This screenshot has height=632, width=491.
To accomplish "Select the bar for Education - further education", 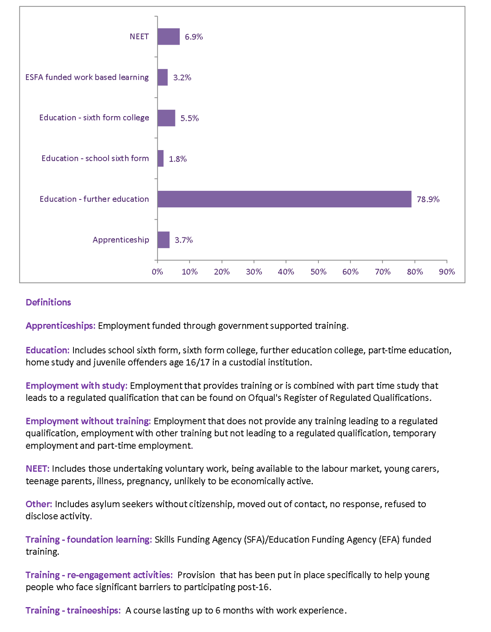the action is tap(284, 199).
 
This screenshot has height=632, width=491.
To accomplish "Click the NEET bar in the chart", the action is tap(169, 37).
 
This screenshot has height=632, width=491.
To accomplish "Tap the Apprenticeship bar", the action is tap(164, 240).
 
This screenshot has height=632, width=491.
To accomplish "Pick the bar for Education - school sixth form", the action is tap(160, 158).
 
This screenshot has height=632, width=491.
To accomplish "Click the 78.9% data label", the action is tap(428, 199).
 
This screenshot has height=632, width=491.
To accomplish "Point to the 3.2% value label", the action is tap(182, 77).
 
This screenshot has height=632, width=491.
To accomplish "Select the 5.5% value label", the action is tap(190, 118).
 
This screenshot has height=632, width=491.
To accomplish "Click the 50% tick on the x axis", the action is tap(318, 272).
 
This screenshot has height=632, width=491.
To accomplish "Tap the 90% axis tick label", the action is tap(447, 272).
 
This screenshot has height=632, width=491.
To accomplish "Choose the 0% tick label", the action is tap(157, 272).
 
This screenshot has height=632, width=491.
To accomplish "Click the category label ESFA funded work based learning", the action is tap(87, 77).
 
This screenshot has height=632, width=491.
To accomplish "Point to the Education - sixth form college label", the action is tap(94, 117).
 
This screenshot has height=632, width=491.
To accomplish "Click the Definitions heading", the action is tap(48, 302).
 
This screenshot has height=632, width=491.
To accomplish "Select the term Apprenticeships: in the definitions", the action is tap(60, 326).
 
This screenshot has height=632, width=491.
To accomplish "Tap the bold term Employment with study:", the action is tap(77, 386).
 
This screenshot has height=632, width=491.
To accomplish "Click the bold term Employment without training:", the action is tap(88, 421).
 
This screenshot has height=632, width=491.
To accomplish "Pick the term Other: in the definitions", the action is tap(39, 504).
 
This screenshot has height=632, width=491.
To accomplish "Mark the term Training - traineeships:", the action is tap(73, 611).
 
